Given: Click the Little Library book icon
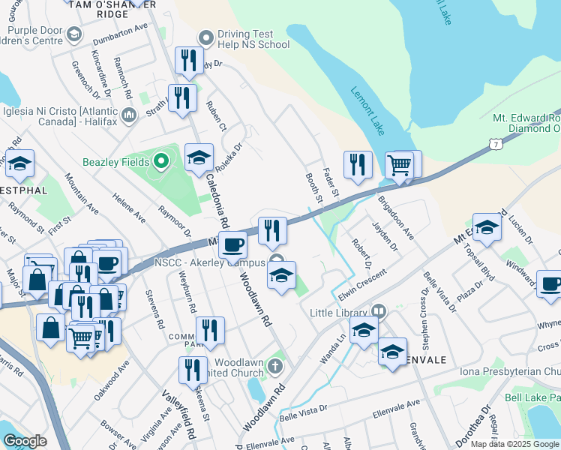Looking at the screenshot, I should (378, 310).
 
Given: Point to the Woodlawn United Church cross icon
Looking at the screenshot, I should (275, 367).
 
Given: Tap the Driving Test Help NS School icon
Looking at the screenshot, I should (205, 38).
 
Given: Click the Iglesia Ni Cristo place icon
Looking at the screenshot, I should (128, 115).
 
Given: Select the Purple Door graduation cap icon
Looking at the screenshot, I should (74, 34).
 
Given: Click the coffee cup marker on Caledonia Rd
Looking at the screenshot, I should (233, 244).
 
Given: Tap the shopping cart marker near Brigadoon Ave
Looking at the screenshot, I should (400, 164).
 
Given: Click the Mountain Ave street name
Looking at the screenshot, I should (82, 193).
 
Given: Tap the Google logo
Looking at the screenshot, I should (25, 441).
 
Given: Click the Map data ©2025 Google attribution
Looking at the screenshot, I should (514, 444).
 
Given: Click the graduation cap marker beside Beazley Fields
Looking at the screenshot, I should (199, 157).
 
